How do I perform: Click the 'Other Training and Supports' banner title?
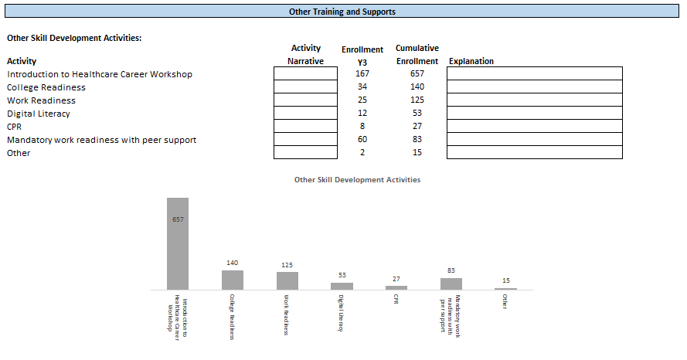coord(342,12)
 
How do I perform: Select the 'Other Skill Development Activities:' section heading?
coord(74,37)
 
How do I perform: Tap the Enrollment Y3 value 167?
coord(362,73)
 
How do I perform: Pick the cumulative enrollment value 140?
coord(417,87)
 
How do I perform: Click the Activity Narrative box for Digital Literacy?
coord(305,114)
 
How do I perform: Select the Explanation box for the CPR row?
coord(534,126)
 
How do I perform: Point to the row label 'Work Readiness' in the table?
coord(42,100)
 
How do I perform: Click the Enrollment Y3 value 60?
coord(362,140)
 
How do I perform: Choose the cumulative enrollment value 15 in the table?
coord(417,153)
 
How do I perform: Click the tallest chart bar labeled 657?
coord(178,243)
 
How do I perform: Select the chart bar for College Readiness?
coord(233,280)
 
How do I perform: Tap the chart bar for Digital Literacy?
coord(342,286)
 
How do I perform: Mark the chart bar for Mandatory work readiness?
coord(451,284)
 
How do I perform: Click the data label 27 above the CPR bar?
coord(396,279)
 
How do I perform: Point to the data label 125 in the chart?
coord(287,265)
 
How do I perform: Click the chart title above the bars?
coord(357,179)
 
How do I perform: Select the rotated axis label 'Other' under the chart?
coord(505,301)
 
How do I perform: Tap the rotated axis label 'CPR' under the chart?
coord(396,299)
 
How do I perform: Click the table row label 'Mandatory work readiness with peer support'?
coord(102,140)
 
